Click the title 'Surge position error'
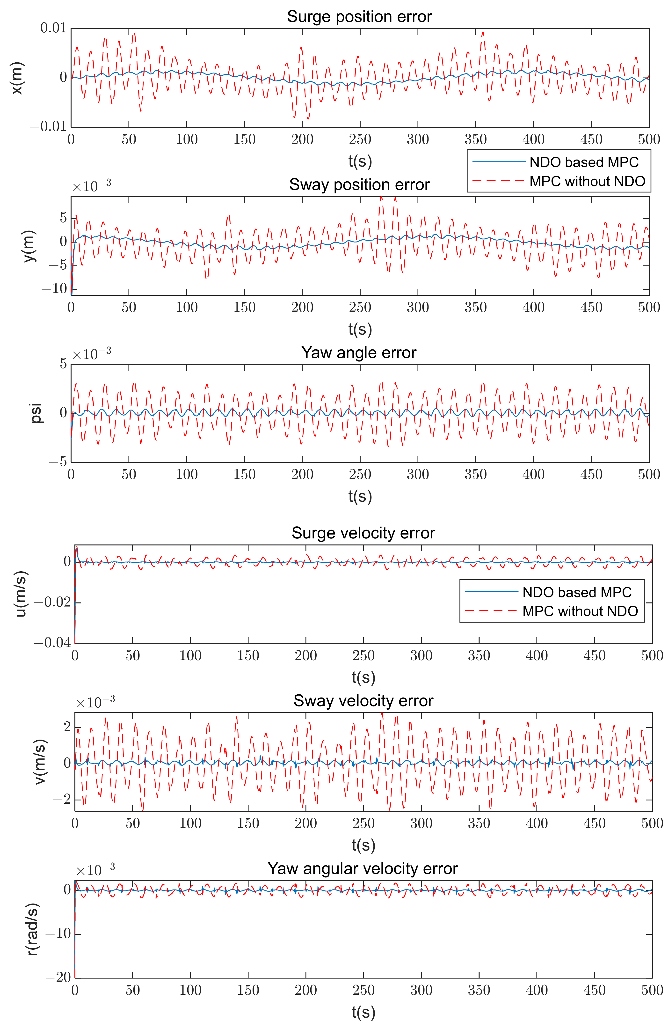pos(359,17)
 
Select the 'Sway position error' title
pos(359,185)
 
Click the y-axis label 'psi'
pos(36,413)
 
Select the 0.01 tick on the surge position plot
pos(54,29)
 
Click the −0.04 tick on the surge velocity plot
pos(52,642)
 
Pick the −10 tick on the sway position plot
pos(54,288)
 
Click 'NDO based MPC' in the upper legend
pos(584,162)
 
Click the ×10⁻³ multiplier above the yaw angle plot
pos(92,354)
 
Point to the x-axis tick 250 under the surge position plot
pos(360,139)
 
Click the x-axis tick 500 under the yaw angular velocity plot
pos(652,990)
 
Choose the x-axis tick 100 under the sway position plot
pos(187,307)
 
